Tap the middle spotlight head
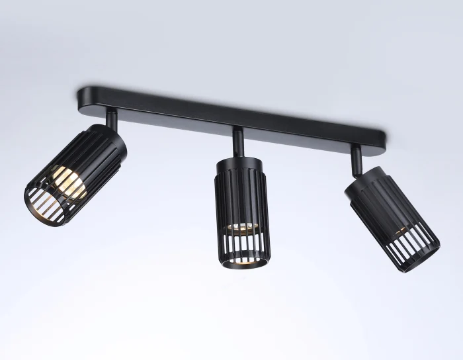point(239,205)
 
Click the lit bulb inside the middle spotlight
point(239,226)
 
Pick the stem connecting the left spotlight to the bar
point(113,121)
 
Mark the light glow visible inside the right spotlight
point(401,234)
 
